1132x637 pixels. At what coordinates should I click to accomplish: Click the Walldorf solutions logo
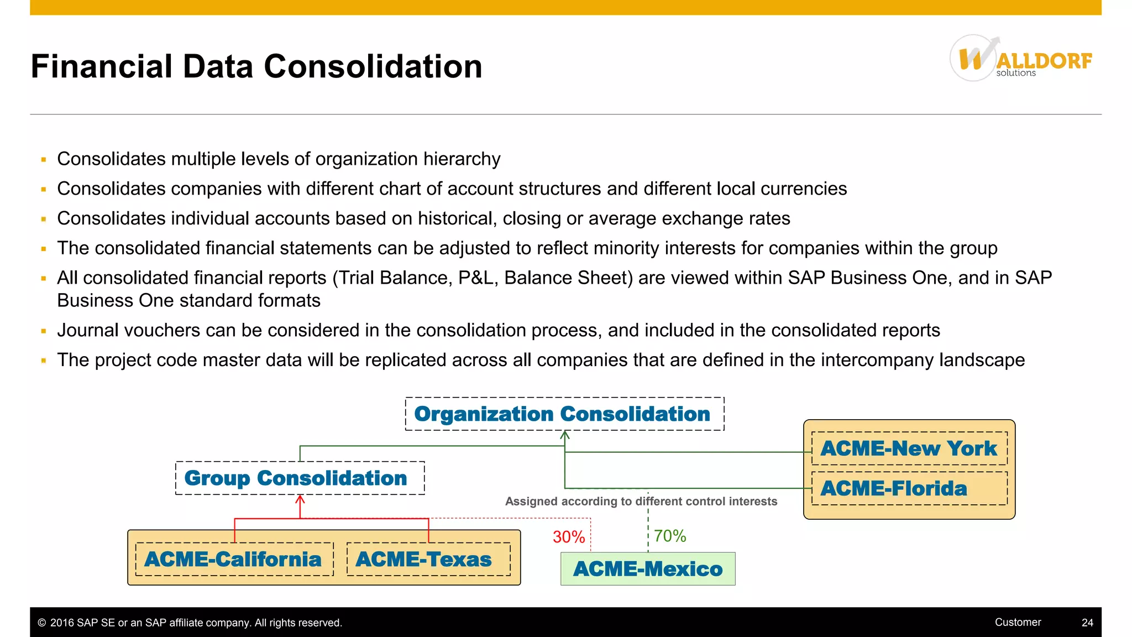(1020, 59)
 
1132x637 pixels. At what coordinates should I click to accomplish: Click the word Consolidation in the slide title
(373, 66)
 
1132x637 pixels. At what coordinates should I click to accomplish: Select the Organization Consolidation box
(564, 414)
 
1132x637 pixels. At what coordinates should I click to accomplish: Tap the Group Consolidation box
(300, 478)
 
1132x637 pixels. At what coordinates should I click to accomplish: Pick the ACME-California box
(234, 560)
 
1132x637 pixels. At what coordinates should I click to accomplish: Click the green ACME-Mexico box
(648, 569)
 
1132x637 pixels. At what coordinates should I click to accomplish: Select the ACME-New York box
(909, 448)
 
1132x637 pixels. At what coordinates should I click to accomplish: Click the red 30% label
(569, 537)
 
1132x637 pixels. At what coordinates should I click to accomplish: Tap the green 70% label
(670, 536)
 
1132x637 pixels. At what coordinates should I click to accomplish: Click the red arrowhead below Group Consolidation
(300, 499)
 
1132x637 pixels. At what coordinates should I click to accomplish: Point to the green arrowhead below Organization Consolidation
(564, 436)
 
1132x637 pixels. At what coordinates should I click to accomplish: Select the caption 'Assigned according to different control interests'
(641, 502)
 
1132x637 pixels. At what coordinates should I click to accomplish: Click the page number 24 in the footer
(1087, 623)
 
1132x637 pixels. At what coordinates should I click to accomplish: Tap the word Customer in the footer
(1018, 622)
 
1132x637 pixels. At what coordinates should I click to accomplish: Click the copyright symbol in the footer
(42, 623)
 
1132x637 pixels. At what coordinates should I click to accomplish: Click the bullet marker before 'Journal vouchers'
(44, 331)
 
